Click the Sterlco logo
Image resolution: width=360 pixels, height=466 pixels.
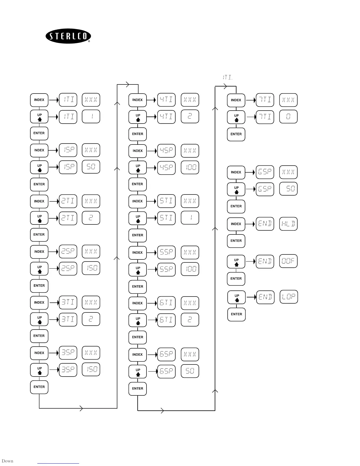point(68,36)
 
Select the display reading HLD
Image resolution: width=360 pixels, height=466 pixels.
point(288,224)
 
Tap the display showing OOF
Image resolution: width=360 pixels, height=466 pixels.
point(288,261)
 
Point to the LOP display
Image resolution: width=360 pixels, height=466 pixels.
point(289,297)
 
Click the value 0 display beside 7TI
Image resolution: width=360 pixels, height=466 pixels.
point(288,116)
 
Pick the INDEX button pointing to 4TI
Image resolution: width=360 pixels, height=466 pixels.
point(137,100)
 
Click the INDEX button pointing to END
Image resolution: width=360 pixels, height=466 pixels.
point(236,224)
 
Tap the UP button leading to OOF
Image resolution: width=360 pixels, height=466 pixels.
point(236,262)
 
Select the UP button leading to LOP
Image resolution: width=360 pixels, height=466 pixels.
point(236,297)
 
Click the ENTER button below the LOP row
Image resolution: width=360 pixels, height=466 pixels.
point(236,314)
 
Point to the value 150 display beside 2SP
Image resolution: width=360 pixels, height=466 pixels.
point(91,268)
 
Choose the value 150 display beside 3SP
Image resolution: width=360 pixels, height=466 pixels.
point(91,369)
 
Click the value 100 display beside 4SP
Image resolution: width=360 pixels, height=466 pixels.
point(190,167)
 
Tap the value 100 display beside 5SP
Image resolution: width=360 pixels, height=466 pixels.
point(190,269)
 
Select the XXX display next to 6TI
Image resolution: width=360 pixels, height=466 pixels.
point(190,303)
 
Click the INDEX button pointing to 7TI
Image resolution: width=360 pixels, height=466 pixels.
point(236,100)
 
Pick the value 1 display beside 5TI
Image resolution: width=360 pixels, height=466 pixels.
point(190,218)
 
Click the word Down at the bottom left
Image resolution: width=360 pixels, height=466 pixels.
point(7,461)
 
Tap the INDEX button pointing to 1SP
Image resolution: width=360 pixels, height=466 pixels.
point(39,150)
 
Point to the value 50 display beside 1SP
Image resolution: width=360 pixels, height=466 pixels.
point(91,167)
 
